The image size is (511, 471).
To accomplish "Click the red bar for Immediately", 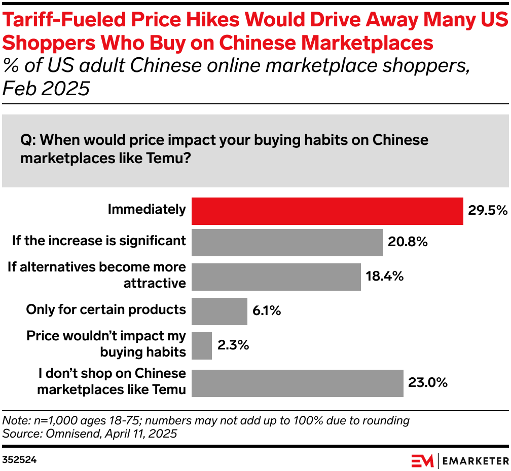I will pyautogui.click(x=327, y=211).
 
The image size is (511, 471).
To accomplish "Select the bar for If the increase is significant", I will pyautogui.click(x=287, y=243).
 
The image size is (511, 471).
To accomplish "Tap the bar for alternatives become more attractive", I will pyautogui.click(x=276, y=277).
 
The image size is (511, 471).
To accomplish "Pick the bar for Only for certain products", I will pyautogui.click(x=219, y=311).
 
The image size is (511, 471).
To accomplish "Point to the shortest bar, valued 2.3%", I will pyautogui.click(x=201, y=346).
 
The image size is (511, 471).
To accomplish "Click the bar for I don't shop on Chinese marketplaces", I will pyautogui.click(x=297, y=383).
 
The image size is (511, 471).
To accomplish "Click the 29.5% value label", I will pyautogui.click(x=487, y=211).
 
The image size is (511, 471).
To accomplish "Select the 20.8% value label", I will pyautogui.click(x=408, y=243).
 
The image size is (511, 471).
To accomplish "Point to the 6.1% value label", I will pyautogui.click(x=266, y=311).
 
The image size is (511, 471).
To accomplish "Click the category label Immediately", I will pyautogui.click(x=147, y=209).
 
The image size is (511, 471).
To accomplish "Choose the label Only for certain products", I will pyautogui.click(x=106, y=309).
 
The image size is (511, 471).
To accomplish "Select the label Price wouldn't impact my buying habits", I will pyautogui.click(x=106, y=344).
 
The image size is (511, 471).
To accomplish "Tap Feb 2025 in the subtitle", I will pyautogui.click(x=46, y=89).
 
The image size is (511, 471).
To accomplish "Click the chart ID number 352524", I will pyautogui.click(x=19, y=460).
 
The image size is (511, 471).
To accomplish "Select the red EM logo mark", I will pyautogui.click(x=422, y=460).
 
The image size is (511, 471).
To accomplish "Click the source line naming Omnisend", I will pyautogui.click(x=90, y=434).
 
